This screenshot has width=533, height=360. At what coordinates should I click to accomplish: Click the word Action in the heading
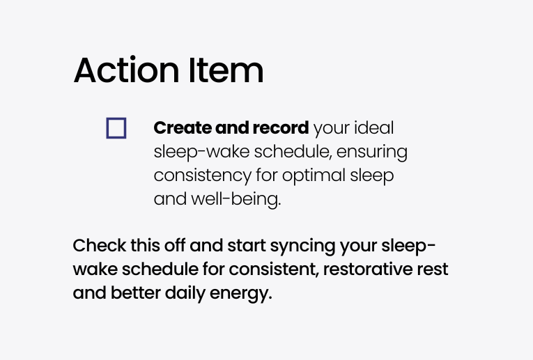coord(126,70)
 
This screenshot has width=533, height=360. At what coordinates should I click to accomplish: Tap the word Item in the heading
coord(226,70)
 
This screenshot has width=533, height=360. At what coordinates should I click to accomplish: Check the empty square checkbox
coord(116,128)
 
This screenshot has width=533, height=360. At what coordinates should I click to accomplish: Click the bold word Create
coord(183,128)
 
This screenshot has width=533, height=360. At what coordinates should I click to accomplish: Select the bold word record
coord(281,128)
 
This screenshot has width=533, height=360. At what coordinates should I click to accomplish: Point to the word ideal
coord(374,128)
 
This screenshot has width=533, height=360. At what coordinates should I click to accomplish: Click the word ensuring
coord(372,152)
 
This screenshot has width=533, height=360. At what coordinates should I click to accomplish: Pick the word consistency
coord(203,176)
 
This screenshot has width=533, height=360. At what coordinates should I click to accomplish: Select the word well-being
coord(236,199)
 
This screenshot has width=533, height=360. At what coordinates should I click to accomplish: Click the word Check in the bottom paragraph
coord(99,246)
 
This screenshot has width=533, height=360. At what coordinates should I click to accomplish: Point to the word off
coord(175,246)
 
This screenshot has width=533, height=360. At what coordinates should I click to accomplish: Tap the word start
coord(247,246)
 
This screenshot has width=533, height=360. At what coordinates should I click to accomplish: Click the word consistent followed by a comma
coord(274,269)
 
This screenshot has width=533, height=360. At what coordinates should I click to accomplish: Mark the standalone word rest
coord(433,269)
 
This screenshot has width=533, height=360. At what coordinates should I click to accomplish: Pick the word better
coord(136,293)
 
